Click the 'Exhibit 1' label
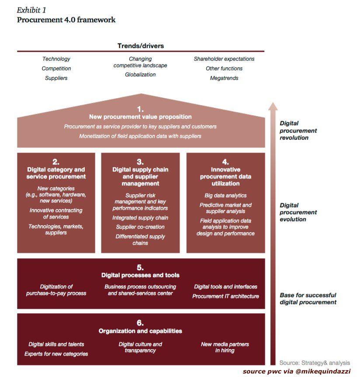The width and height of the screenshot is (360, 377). tap(31, 10)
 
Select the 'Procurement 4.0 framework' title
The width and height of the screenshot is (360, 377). tap(66, 20)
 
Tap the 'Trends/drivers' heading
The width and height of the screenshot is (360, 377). tap(140, 46)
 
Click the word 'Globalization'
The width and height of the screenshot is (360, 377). tap(140, 75)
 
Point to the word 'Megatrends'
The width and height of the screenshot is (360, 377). tap(224, 78)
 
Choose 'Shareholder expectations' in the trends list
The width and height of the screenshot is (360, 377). tap(224, 59)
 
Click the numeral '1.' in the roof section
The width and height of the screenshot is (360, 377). tap(140, 109)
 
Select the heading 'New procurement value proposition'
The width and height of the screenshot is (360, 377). tap(140, 117)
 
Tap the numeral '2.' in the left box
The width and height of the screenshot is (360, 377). tap(56, 161)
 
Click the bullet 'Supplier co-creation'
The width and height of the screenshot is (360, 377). tap(140, 227)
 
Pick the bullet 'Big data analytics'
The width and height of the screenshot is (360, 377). tap(225, 195)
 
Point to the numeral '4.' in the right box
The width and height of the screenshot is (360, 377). tap(225, 161)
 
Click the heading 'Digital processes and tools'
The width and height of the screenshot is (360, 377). tap(140, 275)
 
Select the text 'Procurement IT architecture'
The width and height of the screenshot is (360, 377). tap(225, 296)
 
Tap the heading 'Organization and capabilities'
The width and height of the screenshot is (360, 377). tap(140, 331)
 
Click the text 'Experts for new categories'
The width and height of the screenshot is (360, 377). tap(56, 354)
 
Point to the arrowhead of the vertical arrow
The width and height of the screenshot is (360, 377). tap(273, 106)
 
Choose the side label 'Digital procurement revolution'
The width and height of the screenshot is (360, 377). tap(298, 130)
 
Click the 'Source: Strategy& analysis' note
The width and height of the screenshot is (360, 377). tap(315, 363)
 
